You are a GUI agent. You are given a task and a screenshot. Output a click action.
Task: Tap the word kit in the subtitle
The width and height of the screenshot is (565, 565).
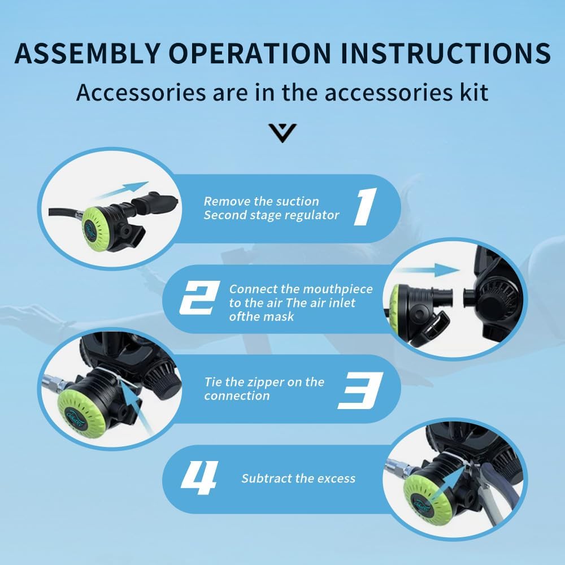pos(472,92)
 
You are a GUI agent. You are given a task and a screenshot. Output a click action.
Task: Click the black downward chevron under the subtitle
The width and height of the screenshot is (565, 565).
pos(282,133)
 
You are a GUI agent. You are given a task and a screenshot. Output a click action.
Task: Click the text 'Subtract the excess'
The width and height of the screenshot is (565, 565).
pos(298,479)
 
